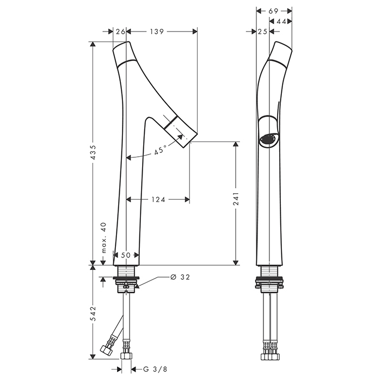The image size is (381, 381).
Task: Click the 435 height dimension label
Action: pyautogui.click(x=93, y=152)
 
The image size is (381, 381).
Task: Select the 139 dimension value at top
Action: pyautogui.click(x=157, y=32)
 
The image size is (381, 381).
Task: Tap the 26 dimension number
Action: pyautogui.click(x=120, y=32)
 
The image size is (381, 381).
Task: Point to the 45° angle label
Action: pyautogui.click(x=160, y=150)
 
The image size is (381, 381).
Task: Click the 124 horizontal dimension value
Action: pyautogui.click(x=158, y=200)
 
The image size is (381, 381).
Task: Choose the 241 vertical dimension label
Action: pyautogui.click(x=236, y=199)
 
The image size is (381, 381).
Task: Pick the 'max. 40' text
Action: pyautogui.click(x=104, y=238)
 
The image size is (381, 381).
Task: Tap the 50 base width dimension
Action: pyautogui.click(x=126, y=255)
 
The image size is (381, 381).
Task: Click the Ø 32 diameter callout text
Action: pyautogui.click(x=180, y=277)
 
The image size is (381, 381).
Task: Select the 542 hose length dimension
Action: pyautogui.click(x=93, y=314)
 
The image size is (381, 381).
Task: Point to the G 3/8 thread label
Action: pyautogui.click(x=155, y=370)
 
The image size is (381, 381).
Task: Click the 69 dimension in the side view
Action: pyautogui.click(x=273, y=11)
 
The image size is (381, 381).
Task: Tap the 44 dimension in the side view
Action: pyautogui.click(x=281, y=22)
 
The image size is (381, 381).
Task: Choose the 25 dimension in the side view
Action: pyautogui.click(x=262, y=32)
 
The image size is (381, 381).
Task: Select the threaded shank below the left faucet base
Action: pyautogui.click(x=126, y=271)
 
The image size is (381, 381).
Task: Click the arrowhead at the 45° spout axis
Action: pyautogui.click(x=180, y=137)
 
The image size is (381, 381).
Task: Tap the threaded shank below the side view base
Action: pyautogui.click(x=269, y=271)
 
